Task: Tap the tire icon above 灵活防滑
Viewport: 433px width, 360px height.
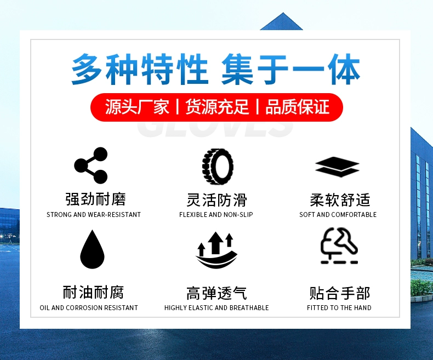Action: (x=218, y=166)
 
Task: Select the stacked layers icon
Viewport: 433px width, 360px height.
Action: (x=337, y=167)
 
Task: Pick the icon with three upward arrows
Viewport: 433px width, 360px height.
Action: (x=216, y=250)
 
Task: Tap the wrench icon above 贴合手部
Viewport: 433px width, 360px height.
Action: (x=339, y=245)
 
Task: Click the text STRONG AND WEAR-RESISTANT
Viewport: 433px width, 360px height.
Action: (x=94, y=214)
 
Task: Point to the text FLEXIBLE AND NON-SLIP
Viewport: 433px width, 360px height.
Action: (x=216, y=214)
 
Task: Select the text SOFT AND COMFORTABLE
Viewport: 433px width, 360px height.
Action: (x=338, y=214)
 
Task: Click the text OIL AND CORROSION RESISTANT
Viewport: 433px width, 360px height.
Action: (x=89, y=307)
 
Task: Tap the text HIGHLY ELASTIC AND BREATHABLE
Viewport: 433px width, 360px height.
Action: (x=216, y=307)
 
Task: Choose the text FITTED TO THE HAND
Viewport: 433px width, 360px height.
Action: (x=339, y=307)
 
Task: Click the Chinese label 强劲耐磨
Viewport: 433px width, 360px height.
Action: (x=95, y=199)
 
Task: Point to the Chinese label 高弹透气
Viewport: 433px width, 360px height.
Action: (x=216, y=293)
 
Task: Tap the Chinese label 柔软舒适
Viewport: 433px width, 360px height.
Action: (x=340, y=200)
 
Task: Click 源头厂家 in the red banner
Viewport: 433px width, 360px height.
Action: (x=137, y=107)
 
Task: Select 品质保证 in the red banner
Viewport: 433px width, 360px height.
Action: (x=298, y=107)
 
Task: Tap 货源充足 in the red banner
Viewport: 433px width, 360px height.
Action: (x=218, y=107)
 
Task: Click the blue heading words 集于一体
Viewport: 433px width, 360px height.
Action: (x=291, y=69)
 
